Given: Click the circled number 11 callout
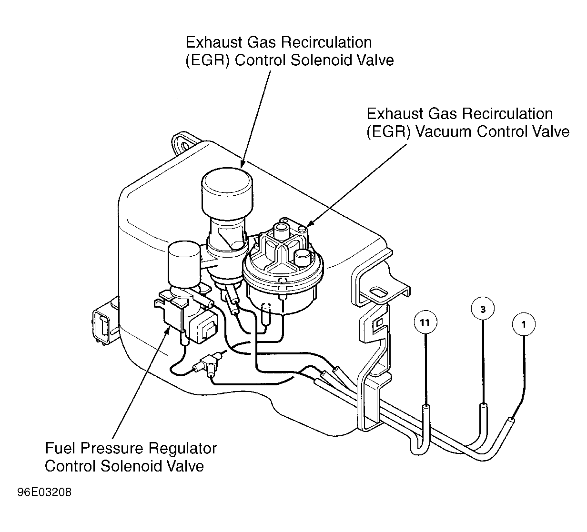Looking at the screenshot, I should coord(425,322).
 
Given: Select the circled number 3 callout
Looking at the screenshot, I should coord(483,309).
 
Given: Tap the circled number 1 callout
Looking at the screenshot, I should coord(524,325).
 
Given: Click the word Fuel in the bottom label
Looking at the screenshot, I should coord(60,449).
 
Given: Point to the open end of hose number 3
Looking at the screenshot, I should coord(483,406).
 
